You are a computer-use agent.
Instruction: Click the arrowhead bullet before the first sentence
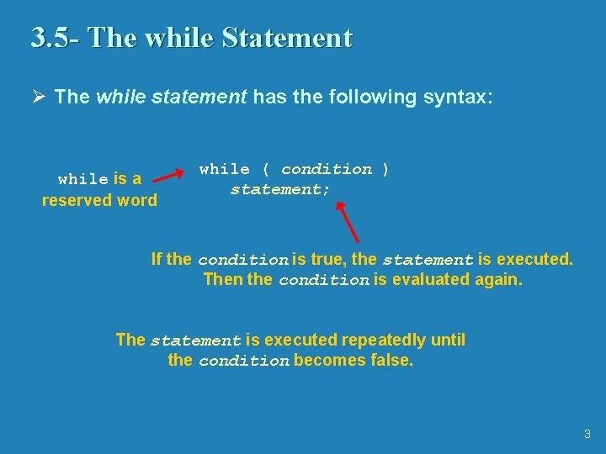[36, 97]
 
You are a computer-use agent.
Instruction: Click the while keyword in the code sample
[224, 169]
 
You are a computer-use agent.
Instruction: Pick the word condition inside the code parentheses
[327, 169]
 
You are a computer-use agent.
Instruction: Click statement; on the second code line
[280, 190]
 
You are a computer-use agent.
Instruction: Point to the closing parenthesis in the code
[385, 169]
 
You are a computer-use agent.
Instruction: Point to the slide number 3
[587, 435]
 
